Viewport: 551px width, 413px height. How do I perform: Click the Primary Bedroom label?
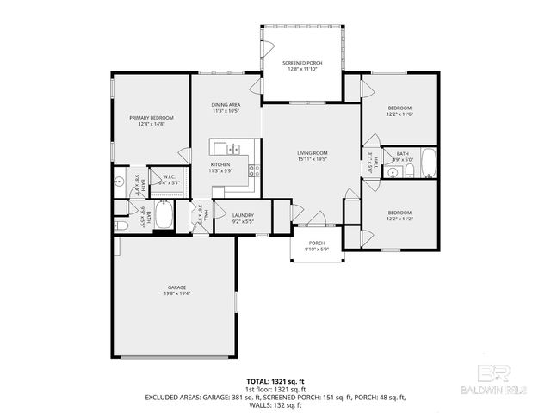(x=152, y=118)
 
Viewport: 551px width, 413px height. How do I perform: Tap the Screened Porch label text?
(x=302, y=64)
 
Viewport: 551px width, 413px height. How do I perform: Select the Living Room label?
(x=312, y=153)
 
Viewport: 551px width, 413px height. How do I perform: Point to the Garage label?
(x=177, y=287)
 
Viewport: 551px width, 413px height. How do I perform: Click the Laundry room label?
(x=243, y=215)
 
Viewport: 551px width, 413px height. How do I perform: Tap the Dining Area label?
(x=226, y=105)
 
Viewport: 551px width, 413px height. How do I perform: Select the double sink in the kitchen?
(x=227, y=148)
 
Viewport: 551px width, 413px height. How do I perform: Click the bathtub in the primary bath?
(x=164, y=217)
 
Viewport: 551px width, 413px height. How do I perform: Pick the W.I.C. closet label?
(x=170, y=177)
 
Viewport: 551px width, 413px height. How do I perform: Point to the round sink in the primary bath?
(x=120, y=182)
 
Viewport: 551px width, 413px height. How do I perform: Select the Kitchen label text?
(x=220, y=164)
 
